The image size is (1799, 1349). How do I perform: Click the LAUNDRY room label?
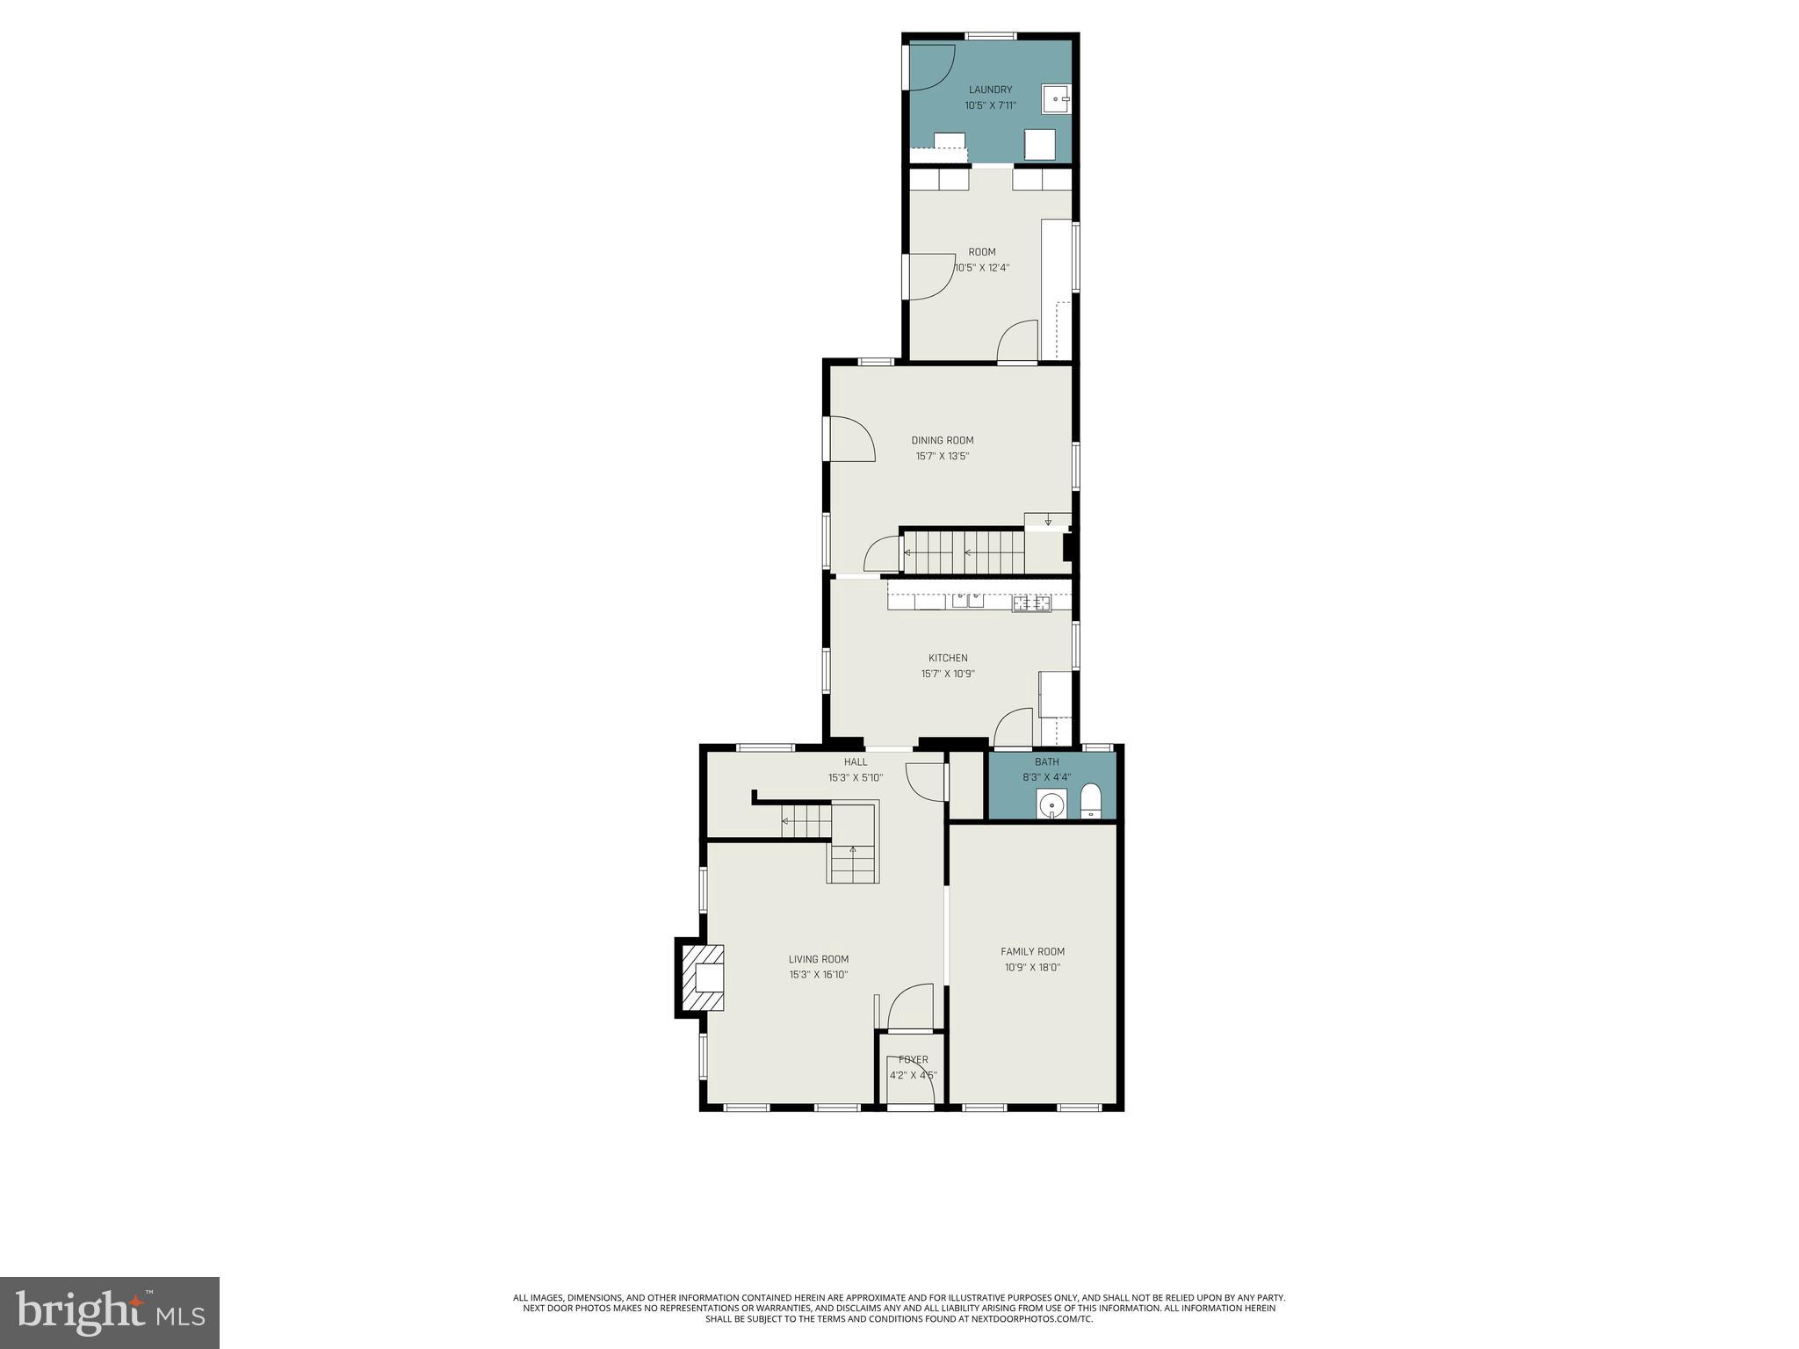click(x=990, y=90)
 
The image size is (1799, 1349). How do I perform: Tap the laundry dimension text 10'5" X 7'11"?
click(x=990, y=105)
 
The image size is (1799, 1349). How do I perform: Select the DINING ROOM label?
click(x=942, y=441)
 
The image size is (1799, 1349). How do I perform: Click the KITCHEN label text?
click(x=948, y=658)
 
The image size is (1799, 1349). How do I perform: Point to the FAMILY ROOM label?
click(x=1032, y=951)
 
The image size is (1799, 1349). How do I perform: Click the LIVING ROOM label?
click(x=818, y=959)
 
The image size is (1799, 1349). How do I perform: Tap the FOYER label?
click(x=913, y=1059)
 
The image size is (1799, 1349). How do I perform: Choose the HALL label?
click(x=855, y=762)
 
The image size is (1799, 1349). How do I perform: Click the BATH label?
click(x=1046, y=762)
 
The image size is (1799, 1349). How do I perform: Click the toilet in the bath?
click(x=1090, y=801)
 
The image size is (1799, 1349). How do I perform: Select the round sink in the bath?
click(x=1051, y=804)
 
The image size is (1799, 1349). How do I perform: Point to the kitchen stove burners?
click(x=1031, y=602)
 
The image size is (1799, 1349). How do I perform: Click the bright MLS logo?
click(x=110, y=1313)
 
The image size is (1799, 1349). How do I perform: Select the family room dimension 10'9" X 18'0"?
click(x=1032, y=967)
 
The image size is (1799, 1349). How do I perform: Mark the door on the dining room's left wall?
click(x=851, y=438)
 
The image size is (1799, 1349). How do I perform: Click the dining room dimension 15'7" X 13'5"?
click(x=942, y=457)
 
